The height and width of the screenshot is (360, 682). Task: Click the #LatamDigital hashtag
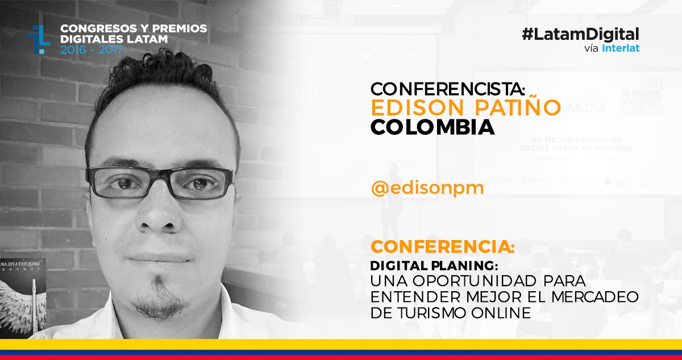pyautogui.click(x=580, y=34)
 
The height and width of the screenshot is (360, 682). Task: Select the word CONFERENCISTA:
pyautogui.click(x=449, y=89)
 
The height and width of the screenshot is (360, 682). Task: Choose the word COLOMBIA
pyautogui.click(x=432, y=127)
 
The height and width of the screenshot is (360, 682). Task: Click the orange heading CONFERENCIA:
pyautogui.click(x=443, y=248)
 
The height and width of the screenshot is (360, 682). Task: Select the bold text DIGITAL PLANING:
pyautogui.click(x=434, y=266)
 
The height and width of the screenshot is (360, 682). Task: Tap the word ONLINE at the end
pyautogui.click(x=503, y=312)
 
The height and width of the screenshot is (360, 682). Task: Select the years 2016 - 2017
pyautogui.click(x=91, y=49)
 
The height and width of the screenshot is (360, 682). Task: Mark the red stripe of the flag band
pyautogui.click(x=341, y=357)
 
